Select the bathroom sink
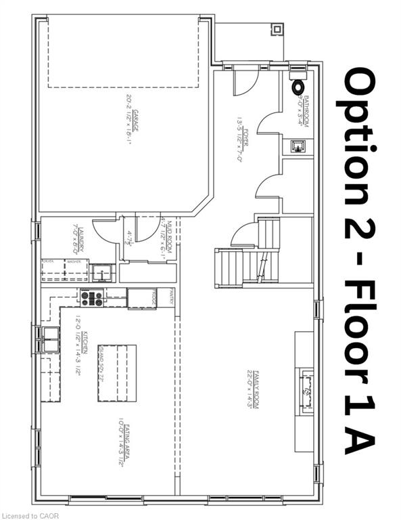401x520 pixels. [298, 145]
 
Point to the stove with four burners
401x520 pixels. [92, 298]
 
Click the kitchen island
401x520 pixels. [118, 372]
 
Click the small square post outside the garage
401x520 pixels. [277, 29]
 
